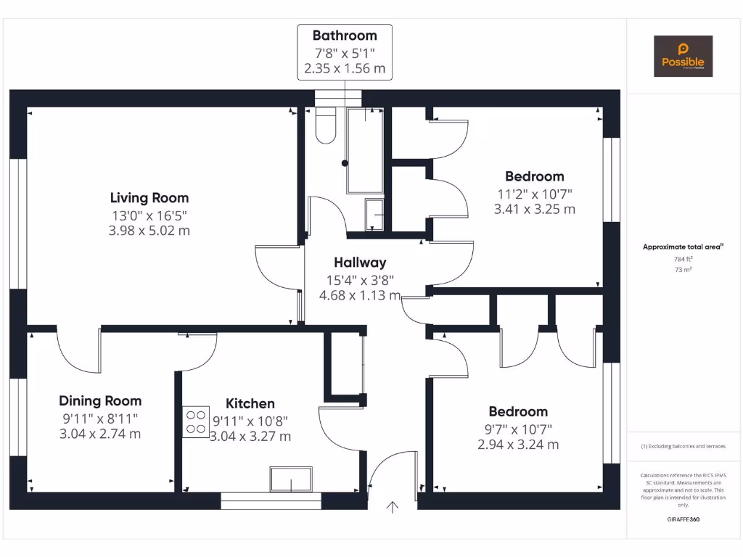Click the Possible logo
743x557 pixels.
[683, 56]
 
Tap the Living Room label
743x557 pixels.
[149, 197]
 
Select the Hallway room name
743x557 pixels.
[360, 263]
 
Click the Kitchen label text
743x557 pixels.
[250, 404]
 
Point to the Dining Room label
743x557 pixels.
[100, 401]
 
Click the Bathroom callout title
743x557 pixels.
[345, 36]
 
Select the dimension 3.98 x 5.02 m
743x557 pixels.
[149, 231]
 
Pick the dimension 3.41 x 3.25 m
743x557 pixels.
[534, 209]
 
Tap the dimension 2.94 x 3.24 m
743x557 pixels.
[517, 445]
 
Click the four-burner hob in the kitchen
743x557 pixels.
[195, 421]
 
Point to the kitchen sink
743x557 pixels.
[291, 479]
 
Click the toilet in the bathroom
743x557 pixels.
[326, 125]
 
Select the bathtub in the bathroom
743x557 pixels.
[365, 150]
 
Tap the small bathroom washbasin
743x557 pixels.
[374, 214]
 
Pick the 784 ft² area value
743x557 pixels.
[683, 258]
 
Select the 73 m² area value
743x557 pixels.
[683, 269]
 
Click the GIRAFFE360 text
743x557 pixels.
[683, 519]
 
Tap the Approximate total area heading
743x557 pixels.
[683, 247]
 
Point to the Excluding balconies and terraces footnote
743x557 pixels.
[683, 446]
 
